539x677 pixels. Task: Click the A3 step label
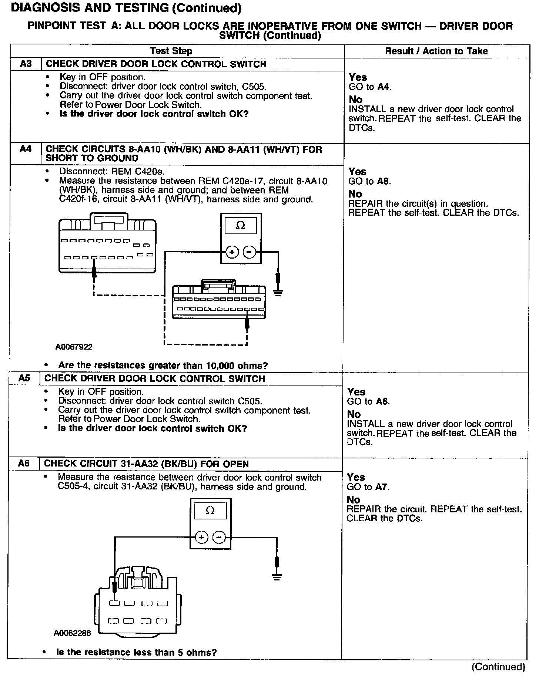(x=26, y=64)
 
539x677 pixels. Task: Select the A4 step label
(x=25, y=149)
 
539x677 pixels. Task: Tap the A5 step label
(x=24, y=378)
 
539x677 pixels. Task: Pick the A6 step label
(x=24, y=463)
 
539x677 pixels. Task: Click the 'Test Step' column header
(x=171, y=51)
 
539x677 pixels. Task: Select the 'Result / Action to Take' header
(x=436, y=51)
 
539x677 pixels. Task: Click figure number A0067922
(x=74, y=347)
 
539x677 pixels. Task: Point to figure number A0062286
(x=72, y=633)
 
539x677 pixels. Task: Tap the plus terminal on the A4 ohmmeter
(x=232, y=253)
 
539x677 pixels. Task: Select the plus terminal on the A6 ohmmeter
(x=201, y=537)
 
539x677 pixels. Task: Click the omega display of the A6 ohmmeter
(x=210, y=511)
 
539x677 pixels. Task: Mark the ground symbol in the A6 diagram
(x=276, y=577)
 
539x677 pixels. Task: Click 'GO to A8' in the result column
(x=369, y=181)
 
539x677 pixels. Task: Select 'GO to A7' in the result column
(x=368, y=487)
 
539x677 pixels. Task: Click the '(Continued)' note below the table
(x=498, y=667)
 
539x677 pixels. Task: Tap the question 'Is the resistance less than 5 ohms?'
(x=136, y=652)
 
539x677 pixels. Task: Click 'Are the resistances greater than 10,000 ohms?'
(x=163, y=366)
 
